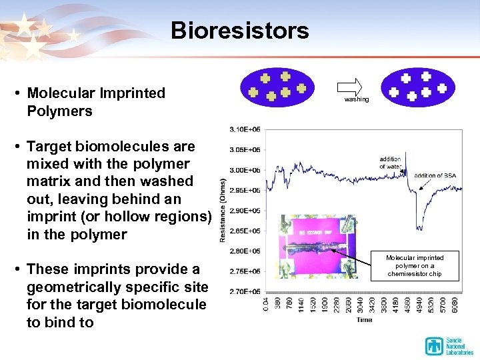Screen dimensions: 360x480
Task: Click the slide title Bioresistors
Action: click(239, 31)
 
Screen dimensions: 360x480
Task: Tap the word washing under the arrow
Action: click(356, 99)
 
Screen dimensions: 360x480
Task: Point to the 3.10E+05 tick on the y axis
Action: click(245, 129)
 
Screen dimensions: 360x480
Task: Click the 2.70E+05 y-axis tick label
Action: click(245, 292)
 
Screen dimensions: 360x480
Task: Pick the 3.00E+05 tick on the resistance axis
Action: click(245, 170)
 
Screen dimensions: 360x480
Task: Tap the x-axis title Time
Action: click(364, 320)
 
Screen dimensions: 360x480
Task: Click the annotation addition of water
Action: click(390, 163)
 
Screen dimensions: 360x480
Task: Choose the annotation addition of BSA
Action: click(437, 175)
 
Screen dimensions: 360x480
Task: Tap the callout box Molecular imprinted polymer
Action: click(415, 265)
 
